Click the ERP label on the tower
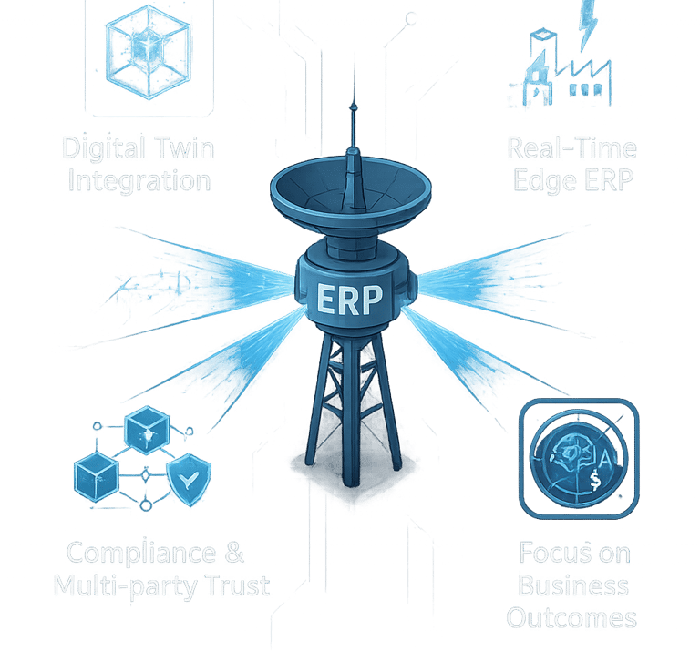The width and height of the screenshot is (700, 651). (348, 300)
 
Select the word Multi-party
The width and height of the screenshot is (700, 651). (120, 585)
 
